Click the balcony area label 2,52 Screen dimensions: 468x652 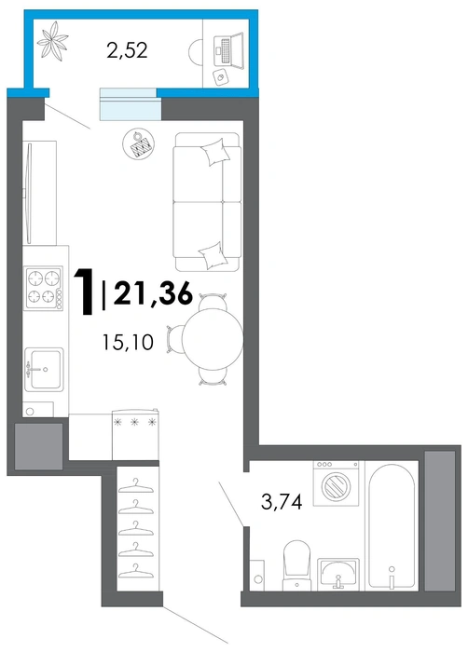(127, 50)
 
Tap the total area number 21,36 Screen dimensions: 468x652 (153, 293)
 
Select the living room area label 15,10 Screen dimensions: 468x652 (128, 342)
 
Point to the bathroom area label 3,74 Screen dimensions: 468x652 (282, 502)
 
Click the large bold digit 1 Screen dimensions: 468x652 (85, 292)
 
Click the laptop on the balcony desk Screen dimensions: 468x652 (229, 49)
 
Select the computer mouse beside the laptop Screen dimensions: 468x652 (220, 77)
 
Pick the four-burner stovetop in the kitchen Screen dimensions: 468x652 (44, 288)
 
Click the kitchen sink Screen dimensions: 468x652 (44, 369)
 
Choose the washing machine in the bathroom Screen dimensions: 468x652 (336, 483)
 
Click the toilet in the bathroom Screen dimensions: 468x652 (296, 564)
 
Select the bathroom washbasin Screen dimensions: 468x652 (338, 574)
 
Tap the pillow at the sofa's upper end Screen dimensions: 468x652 (215, 152)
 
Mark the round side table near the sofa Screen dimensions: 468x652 (139, 143)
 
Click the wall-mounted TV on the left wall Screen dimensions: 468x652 (29, 194)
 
